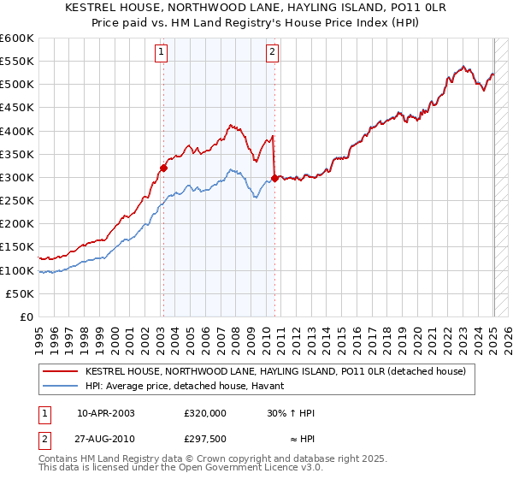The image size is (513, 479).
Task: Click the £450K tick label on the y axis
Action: [17, 108]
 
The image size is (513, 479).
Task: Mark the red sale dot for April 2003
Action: [163, 168]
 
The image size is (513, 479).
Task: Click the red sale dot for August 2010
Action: [274, 178]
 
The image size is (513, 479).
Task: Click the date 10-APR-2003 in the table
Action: [105, 413]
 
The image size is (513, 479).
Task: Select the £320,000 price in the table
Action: [205, 413]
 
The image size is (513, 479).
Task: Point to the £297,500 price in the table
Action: [205, 439]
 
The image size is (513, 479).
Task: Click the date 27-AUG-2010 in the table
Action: [106, 439]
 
